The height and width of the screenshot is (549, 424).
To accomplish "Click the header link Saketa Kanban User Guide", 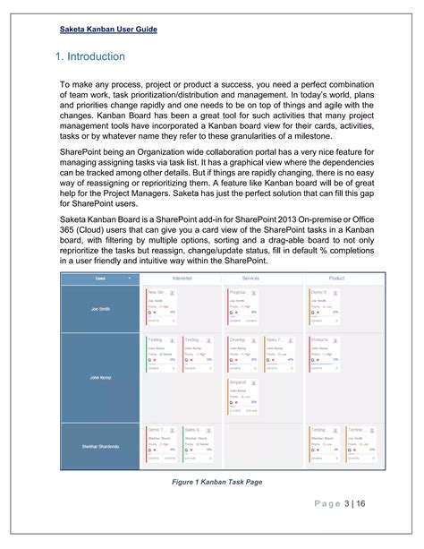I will click(x=109, y=30).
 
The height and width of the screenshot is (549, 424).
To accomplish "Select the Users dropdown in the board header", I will click(x=100, y=279).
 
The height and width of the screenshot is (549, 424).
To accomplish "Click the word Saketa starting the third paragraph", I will click(x=74, y=219).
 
